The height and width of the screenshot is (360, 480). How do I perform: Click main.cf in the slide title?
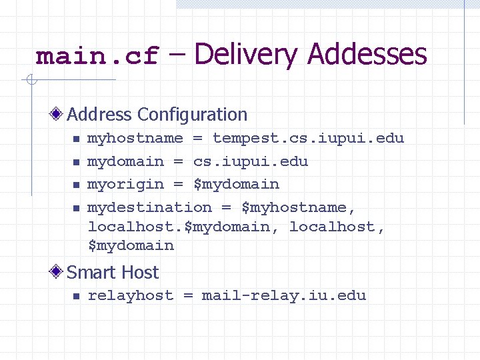(97, 56)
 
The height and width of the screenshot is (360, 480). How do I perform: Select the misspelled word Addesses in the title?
(367, 55)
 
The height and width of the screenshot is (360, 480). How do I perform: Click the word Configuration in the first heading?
(189, 115)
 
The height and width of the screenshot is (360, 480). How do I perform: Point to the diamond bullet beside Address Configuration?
(59, 115)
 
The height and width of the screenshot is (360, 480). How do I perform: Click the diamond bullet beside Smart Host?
(59, 272)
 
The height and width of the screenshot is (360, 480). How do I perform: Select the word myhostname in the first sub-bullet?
(135, 139)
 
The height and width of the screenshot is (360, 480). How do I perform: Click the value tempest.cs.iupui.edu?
(308, 139)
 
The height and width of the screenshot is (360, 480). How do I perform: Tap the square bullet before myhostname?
(76, 139)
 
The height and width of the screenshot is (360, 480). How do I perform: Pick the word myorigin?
(126, 184)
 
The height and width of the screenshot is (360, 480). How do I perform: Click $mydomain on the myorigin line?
(237, 184)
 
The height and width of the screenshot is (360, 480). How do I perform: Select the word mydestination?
(150, 207)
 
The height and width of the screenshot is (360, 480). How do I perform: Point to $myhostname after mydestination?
(294, 207)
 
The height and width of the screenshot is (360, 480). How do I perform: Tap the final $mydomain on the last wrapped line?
(131, 245)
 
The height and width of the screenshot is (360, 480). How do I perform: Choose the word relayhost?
(131, 295)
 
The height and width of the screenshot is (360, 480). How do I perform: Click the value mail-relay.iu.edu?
(284, 295)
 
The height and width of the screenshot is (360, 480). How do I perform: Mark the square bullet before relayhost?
(76, 296)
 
